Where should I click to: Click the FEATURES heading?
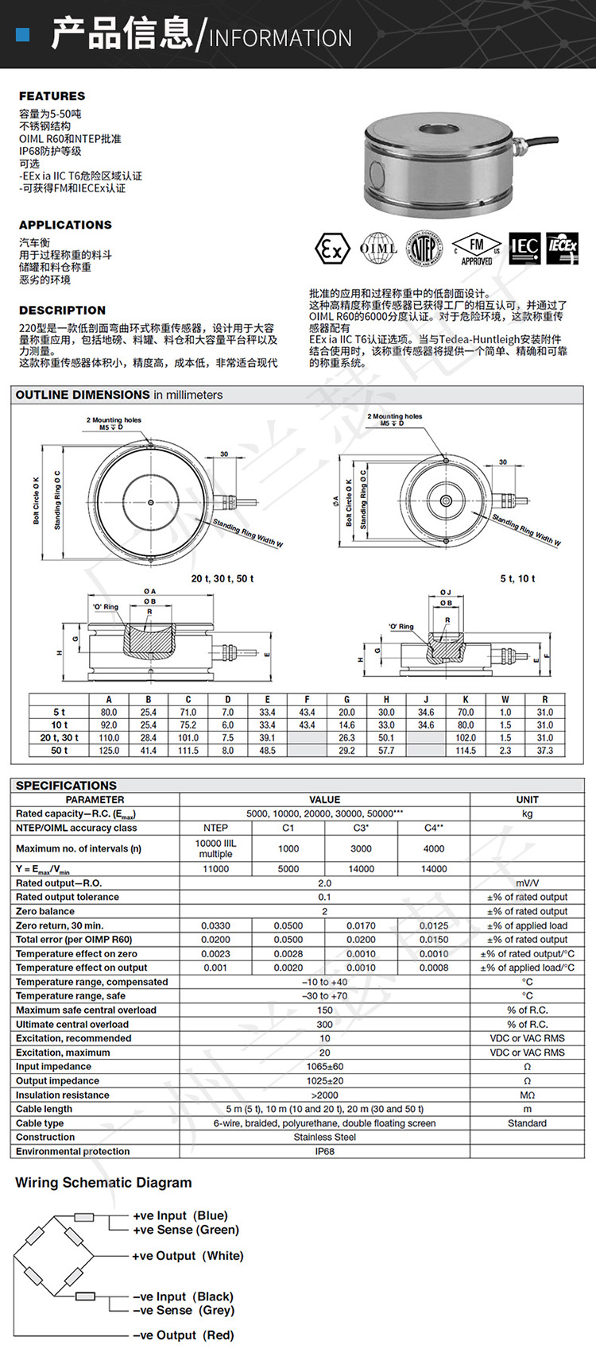coord(52,96)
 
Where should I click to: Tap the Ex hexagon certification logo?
coord(332,249)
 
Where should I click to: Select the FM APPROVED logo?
coord(476,249)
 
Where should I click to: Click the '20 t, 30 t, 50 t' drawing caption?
coord(223,578)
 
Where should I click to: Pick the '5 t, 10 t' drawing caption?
coord(517,578)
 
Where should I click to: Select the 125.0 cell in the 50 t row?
coord(109,750)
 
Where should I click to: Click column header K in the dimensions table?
coord(466,700)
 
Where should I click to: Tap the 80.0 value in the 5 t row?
coord(109,713)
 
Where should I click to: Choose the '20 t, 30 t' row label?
coord(60,738)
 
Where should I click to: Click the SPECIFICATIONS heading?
coord(66,785)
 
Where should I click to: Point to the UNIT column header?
coord(527,800)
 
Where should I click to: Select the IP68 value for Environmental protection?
coord(324,1151)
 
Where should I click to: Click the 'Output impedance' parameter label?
coord(57,1080)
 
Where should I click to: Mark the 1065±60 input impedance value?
coord(324,1067)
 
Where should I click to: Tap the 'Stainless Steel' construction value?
coord(324,1137)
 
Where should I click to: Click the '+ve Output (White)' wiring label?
coord(188,1256)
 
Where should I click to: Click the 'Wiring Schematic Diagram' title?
coord(103,1183)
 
